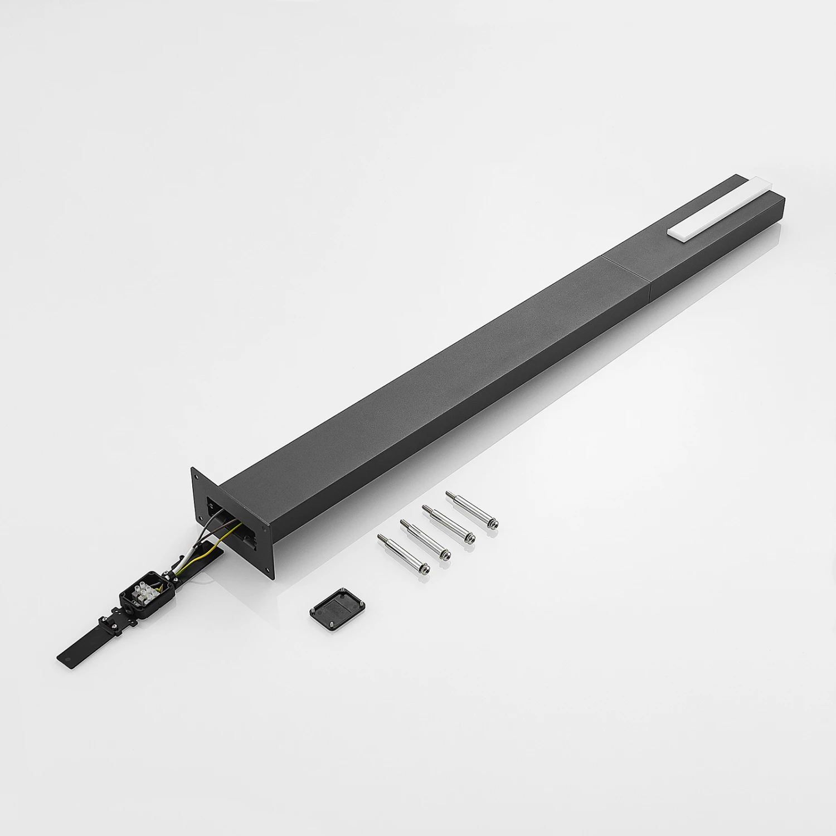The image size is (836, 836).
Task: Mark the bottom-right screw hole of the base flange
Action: click(x=270, y=569)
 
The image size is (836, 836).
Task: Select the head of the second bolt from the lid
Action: click(x=444, y=554)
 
